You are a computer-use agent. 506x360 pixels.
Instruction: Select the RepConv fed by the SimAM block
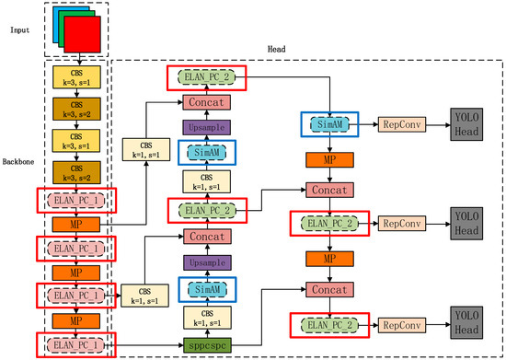(400, 122)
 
